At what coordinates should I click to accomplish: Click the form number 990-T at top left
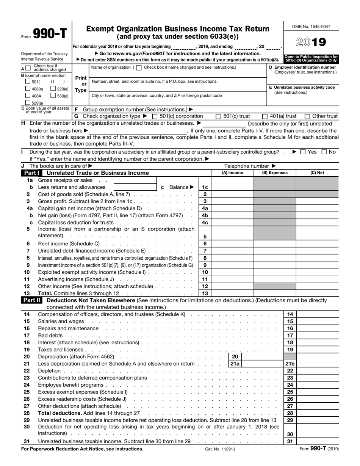(x=49, y=35)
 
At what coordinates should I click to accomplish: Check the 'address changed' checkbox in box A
(x=28, y=69)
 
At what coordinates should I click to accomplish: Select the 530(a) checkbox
(x=53, y=96)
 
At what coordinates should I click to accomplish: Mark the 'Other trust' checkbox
(x=307, y=116)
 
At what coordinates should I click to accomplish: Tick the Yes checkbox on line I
(x=303, y=152)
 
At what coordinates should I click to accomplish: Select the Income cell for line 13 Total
(x=232, y=293)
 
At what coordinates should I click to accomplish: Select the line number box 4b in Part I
(x=205, y=215)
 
